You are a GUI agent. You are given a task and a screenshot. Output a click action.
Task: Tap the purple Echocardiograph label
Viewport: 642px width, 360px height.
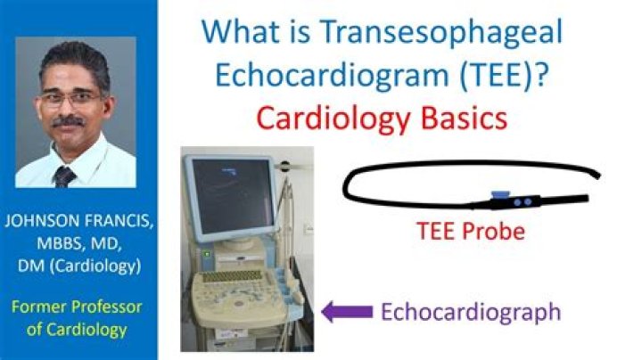point(471,312)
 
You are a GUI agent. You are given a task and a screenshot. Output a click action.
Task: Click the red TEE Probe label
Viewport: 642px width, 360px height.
point(471,232)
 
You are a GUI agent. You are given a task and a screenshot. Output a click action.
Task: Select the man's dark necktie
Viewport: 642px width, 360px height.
point(65,176)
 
